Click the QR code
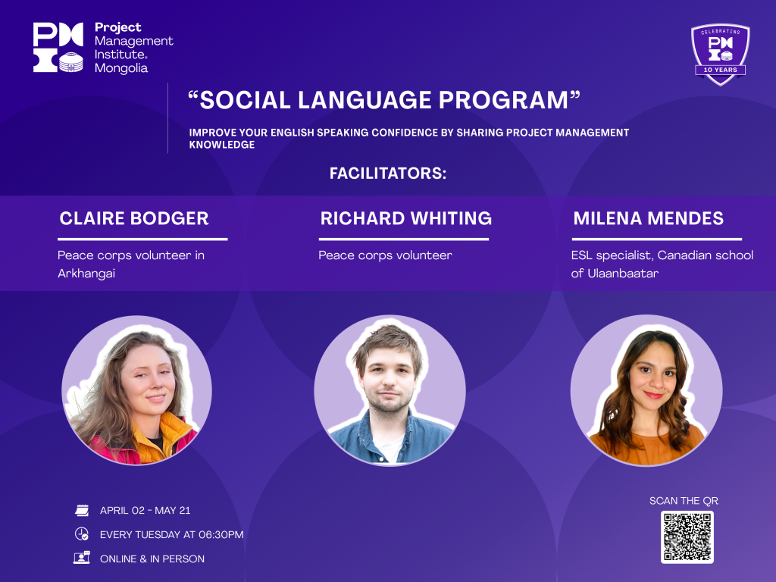(687, 537)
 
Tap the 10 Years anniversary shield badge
(720, 55)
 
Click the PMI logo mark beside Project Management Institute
(58, 48)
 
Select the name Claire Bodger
(134, 218)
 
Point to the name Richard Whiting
(406, 218)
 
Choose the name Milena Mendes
(649, 218)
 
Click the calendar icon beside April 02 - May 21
(82, 510)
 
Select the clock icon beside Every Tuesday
(82, 534)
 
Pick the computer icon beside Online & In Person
(82, 558)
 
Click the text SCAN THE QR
(684, 501)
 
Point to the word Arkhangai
(86, 273)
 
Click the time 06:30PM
(221, 534)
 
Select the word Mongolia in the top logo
(121, 67)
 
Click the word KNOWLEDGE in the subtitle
(222, 145)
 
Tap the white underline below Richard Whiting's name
(404, 239)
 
